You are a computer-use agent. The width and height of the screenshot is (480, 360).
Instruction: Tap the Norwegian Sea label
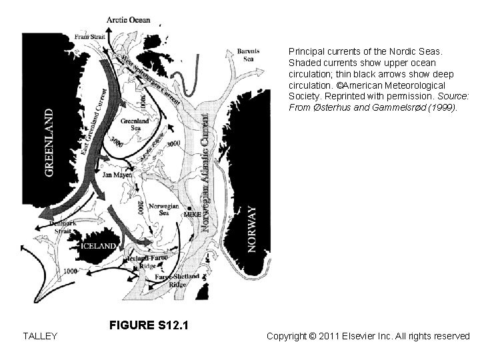click(164, 211)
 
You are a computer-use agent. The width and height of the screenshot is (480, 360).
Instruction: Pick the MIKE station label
click(192, 215)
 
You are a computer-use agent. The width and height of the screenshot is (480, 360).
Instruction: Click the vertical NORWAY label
click(253, 229)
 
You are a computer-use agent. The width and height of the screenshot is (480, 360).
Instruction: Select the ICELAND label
click(98, 246)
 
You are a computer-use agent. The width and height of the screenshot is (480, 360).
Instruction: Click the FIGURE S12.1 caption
click(149, 326)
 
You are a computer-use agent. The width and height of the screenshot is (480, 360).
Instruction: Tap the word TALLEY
click(39, 336)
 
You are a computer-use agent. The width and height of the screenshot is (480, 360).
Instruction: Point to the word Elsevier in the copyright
click(359, 336)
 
